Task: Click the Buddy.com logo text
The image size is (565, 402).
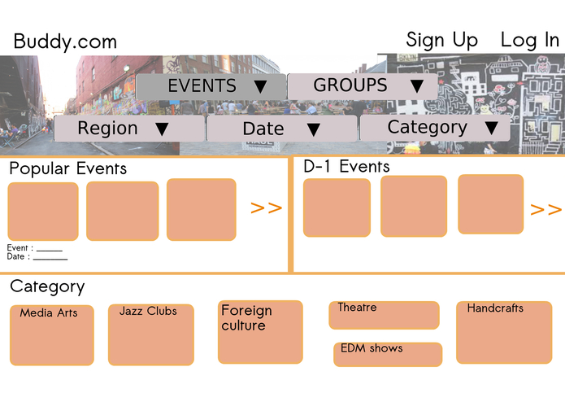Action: click(65, 42)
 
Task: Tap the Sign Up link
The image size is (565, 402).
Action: click(442, 39)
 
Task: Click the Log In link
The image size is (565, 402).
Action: click(529, 39)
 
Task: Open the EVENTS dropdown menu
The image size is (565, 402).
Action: click(211, 86)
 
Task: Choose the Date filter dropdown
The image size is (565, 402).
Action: click(281, 129)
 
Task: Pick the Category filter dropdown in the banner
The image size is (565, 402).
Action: click(435, 128)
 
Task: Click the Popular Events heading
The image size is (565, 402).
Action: click(67, 168)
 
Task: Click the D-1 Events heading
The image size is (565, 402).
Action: click(346, 166)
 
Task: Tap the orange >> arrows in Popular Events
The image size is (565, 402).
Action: click(266, 208)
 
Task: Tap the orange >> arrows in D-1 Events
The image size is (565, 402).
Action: click(545, 210)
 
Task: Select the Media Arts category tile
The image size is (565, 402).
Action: click(52, 335)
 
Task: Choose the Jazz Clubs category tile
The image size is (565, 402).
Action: click(150, 334)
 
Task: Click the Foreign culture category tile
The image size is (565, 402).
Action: click(260, 332)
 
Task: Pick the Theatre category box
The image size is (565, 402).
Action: click(384, 315)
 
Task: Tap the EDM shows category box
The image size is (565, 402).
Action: click(388, 354)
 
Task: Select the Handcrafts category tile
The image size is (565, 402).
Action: click(504, 332)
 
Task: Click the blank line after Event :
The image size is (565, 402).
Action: click(50, 249)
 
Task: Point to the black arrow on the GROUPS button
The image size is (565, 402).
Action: click(416, 86)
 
